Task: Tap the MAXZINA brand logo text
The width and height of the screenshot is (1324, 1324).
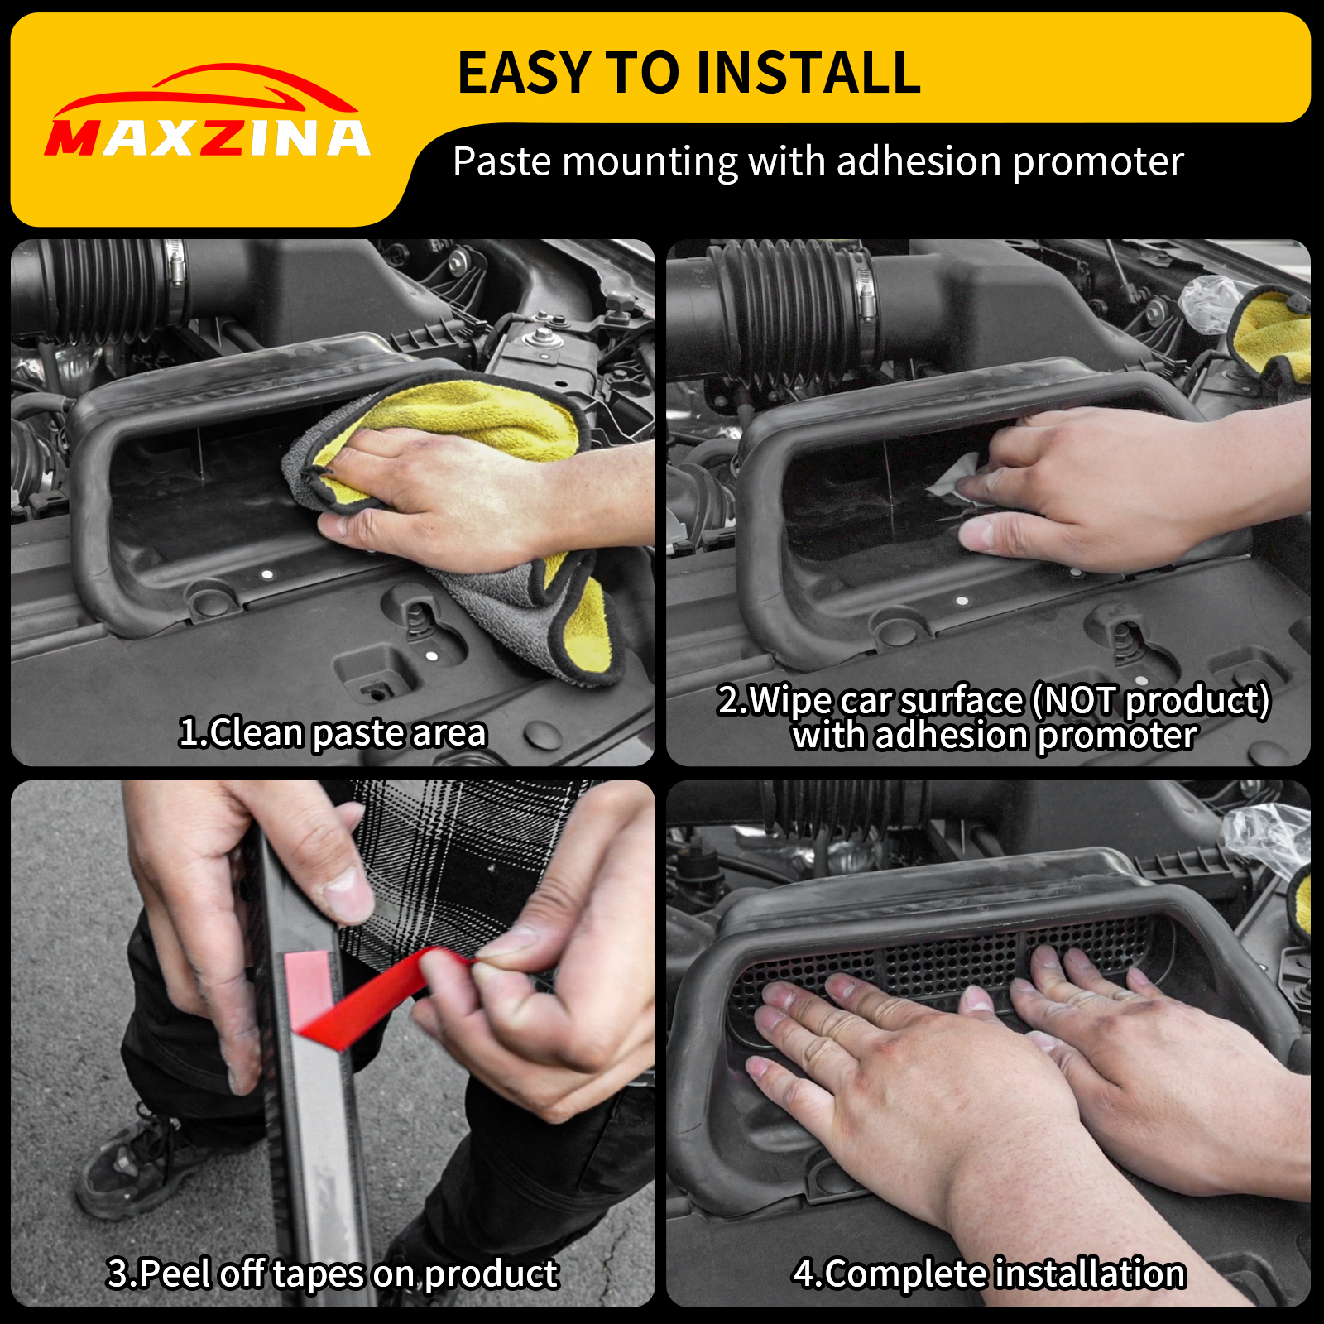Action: [208, 138]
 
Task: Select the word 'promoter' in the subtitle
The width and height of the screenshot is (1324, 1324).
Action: [1098, 162]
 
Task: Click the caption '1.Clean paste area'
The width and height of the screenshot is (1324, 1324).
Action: [333, 733]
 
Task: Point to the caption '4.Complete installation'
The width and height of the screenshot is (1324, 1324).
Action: [990, 1274]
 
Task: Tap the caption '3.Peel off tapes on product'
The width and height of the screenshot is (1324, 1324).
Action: [333, 1274]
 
